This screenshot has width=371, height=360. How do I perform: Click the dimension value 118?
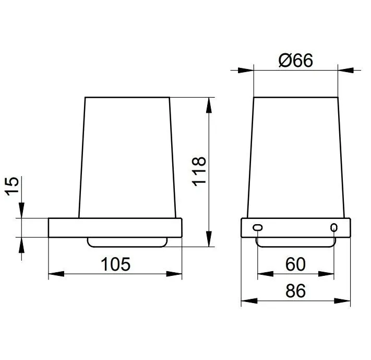pos(199,171)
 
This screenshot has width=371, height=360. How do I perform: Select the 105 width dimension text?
pos(115,264)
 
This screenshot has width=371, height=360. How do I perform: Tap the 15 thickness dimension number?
pos(13,187)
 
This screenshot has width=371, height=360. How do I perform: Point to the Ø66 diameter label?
pos(296,60)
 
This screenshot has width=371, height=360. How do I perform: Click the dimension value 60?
pos(295,264)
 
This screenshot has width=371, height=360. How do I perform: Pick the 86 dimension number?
pos(295,291)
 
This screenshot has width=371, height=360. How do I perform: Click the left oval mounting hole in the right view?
pos(257,228)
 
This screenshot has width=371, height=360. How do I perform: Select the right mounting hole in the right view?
pos(334,228)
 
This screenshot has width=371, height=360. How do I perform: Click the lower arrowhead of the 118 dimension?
pos(209,239)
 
